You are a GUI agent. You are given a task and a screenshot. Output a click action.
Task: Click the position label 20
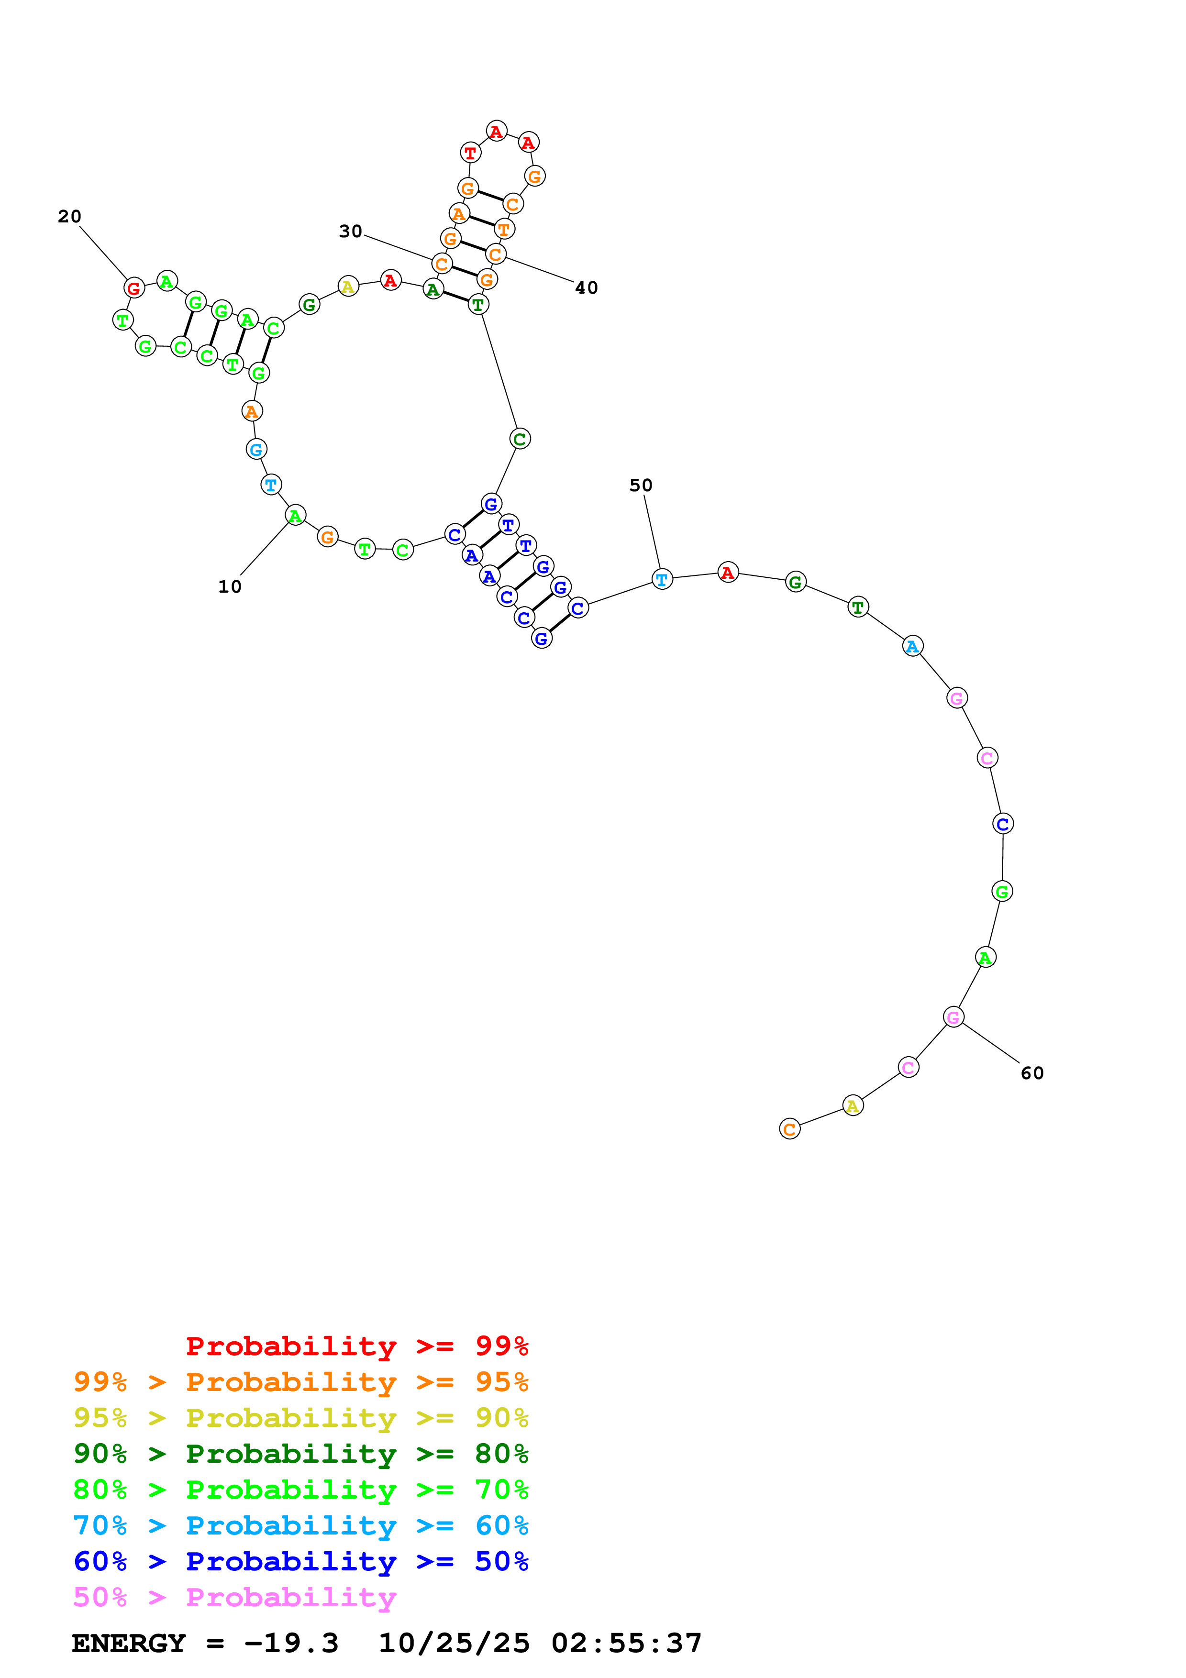(69, 216)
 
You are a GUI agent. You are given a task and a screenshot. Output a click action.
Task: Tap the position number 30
(350, 231)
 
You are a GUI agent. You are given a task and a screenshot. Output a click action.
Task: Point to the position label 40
(586, 288)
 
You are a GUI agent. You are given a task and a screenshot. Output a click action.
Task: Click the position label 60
(1032, 1073)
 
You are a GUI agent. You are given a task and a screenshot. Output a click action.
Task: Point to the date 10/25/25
(454, 1643)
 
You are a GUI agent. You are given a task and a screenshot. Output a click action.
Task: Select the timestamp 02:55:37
(626, 1643)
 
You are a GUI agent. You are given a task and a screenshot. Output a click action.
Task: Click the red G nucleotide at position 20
(134, 288)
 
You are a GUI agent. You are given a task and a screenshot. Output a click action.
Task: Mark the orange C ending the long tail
(789, 1129)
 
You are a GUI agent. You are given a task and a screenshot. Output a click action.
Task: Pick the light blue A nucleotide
(912, 646)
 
